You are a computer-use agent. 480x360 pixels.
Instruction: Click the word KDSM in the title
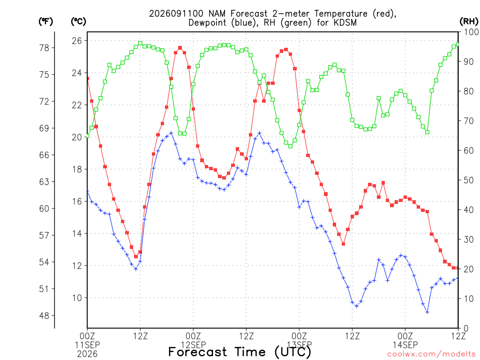coord(345,22)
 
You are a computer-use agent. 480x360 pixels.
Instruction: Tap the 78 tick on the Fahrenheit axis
coord(44,48)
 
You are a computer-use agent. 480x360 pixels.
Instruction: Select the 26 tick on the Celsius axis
coord(77,41)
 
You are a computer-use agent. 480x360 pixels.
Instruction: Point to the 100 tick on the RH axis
coord(471,32)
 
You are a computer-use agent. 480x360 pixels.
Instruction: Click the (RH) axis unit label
coord(469,22)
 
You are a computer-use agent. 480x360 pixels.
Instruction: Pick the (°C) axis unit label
coord(78,22)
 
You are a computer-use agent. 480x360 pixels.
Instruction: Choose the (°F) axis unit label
coord(45,22)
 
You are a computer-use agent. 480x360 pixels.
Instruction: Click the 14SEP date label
coord(405,345)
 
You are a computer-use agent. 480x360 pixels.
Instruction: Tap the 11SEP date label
coord(87,345)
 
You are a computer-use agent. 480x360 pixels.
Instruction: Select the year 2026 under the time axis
coord(87,354)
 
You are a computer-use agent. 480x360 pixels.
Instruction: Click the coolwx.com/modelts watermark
coord(431,354)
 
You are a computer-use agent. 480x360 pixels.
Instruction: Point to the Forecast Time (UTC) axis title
coord(240,352)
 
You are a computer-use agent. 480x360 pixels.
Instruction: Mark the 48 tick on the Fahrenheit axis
coord(44,315)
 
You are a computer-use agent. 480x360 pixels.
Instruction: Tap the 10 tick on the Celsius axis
coord(77,298)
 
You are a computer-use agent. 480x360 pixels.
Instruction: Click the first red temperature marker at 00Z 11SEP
coord(88,79)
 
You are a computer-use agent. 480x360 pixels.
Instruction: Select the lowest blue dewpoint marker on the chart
coord(427,312)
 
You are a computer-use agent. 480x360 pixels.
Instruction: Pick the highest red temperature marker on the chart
coord(180,48)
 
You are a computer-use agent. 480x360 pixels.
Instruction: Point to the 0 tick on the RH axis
coord(466,329)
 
